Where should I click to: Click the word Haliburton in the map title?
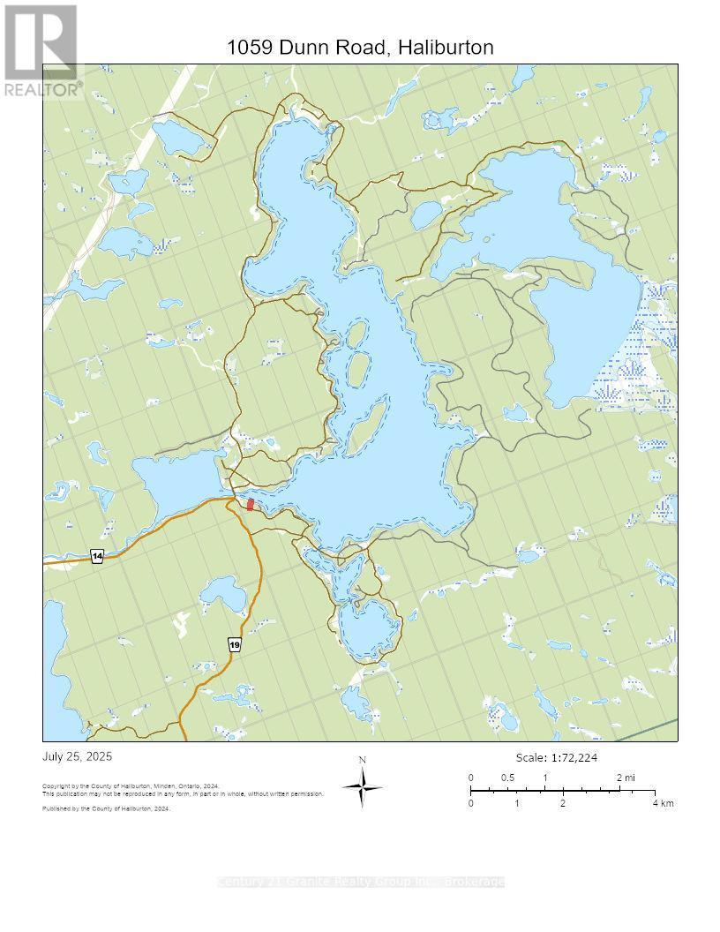[x=446, y=48]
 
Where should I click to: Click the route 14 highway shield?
[x=97, y=556]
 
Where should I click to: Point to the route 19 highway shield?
[x=234, y=645]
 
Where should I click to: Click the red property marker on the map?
[x=251, y=504]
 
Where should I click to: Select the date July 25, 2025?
[x=78, y=757]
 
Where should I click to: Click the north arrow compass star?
[x=362, y=786]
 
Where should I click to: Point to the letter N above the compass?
[x=362, y=760]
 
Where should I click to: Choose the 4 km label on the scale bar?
[x=663, y=803]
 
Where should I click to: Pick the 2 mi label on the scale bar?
[x=625, y=778]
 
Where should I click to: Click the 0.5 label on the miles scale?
[x=508, y=778]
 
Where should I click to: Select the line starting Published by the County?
[x=106, y=808]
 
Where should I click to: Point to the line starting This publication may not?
[x=183, y=793]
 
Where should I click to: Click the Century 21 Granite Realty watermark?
[x=360, y=882]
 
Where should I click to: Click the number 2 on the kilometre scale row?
[x=562, y=803]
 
